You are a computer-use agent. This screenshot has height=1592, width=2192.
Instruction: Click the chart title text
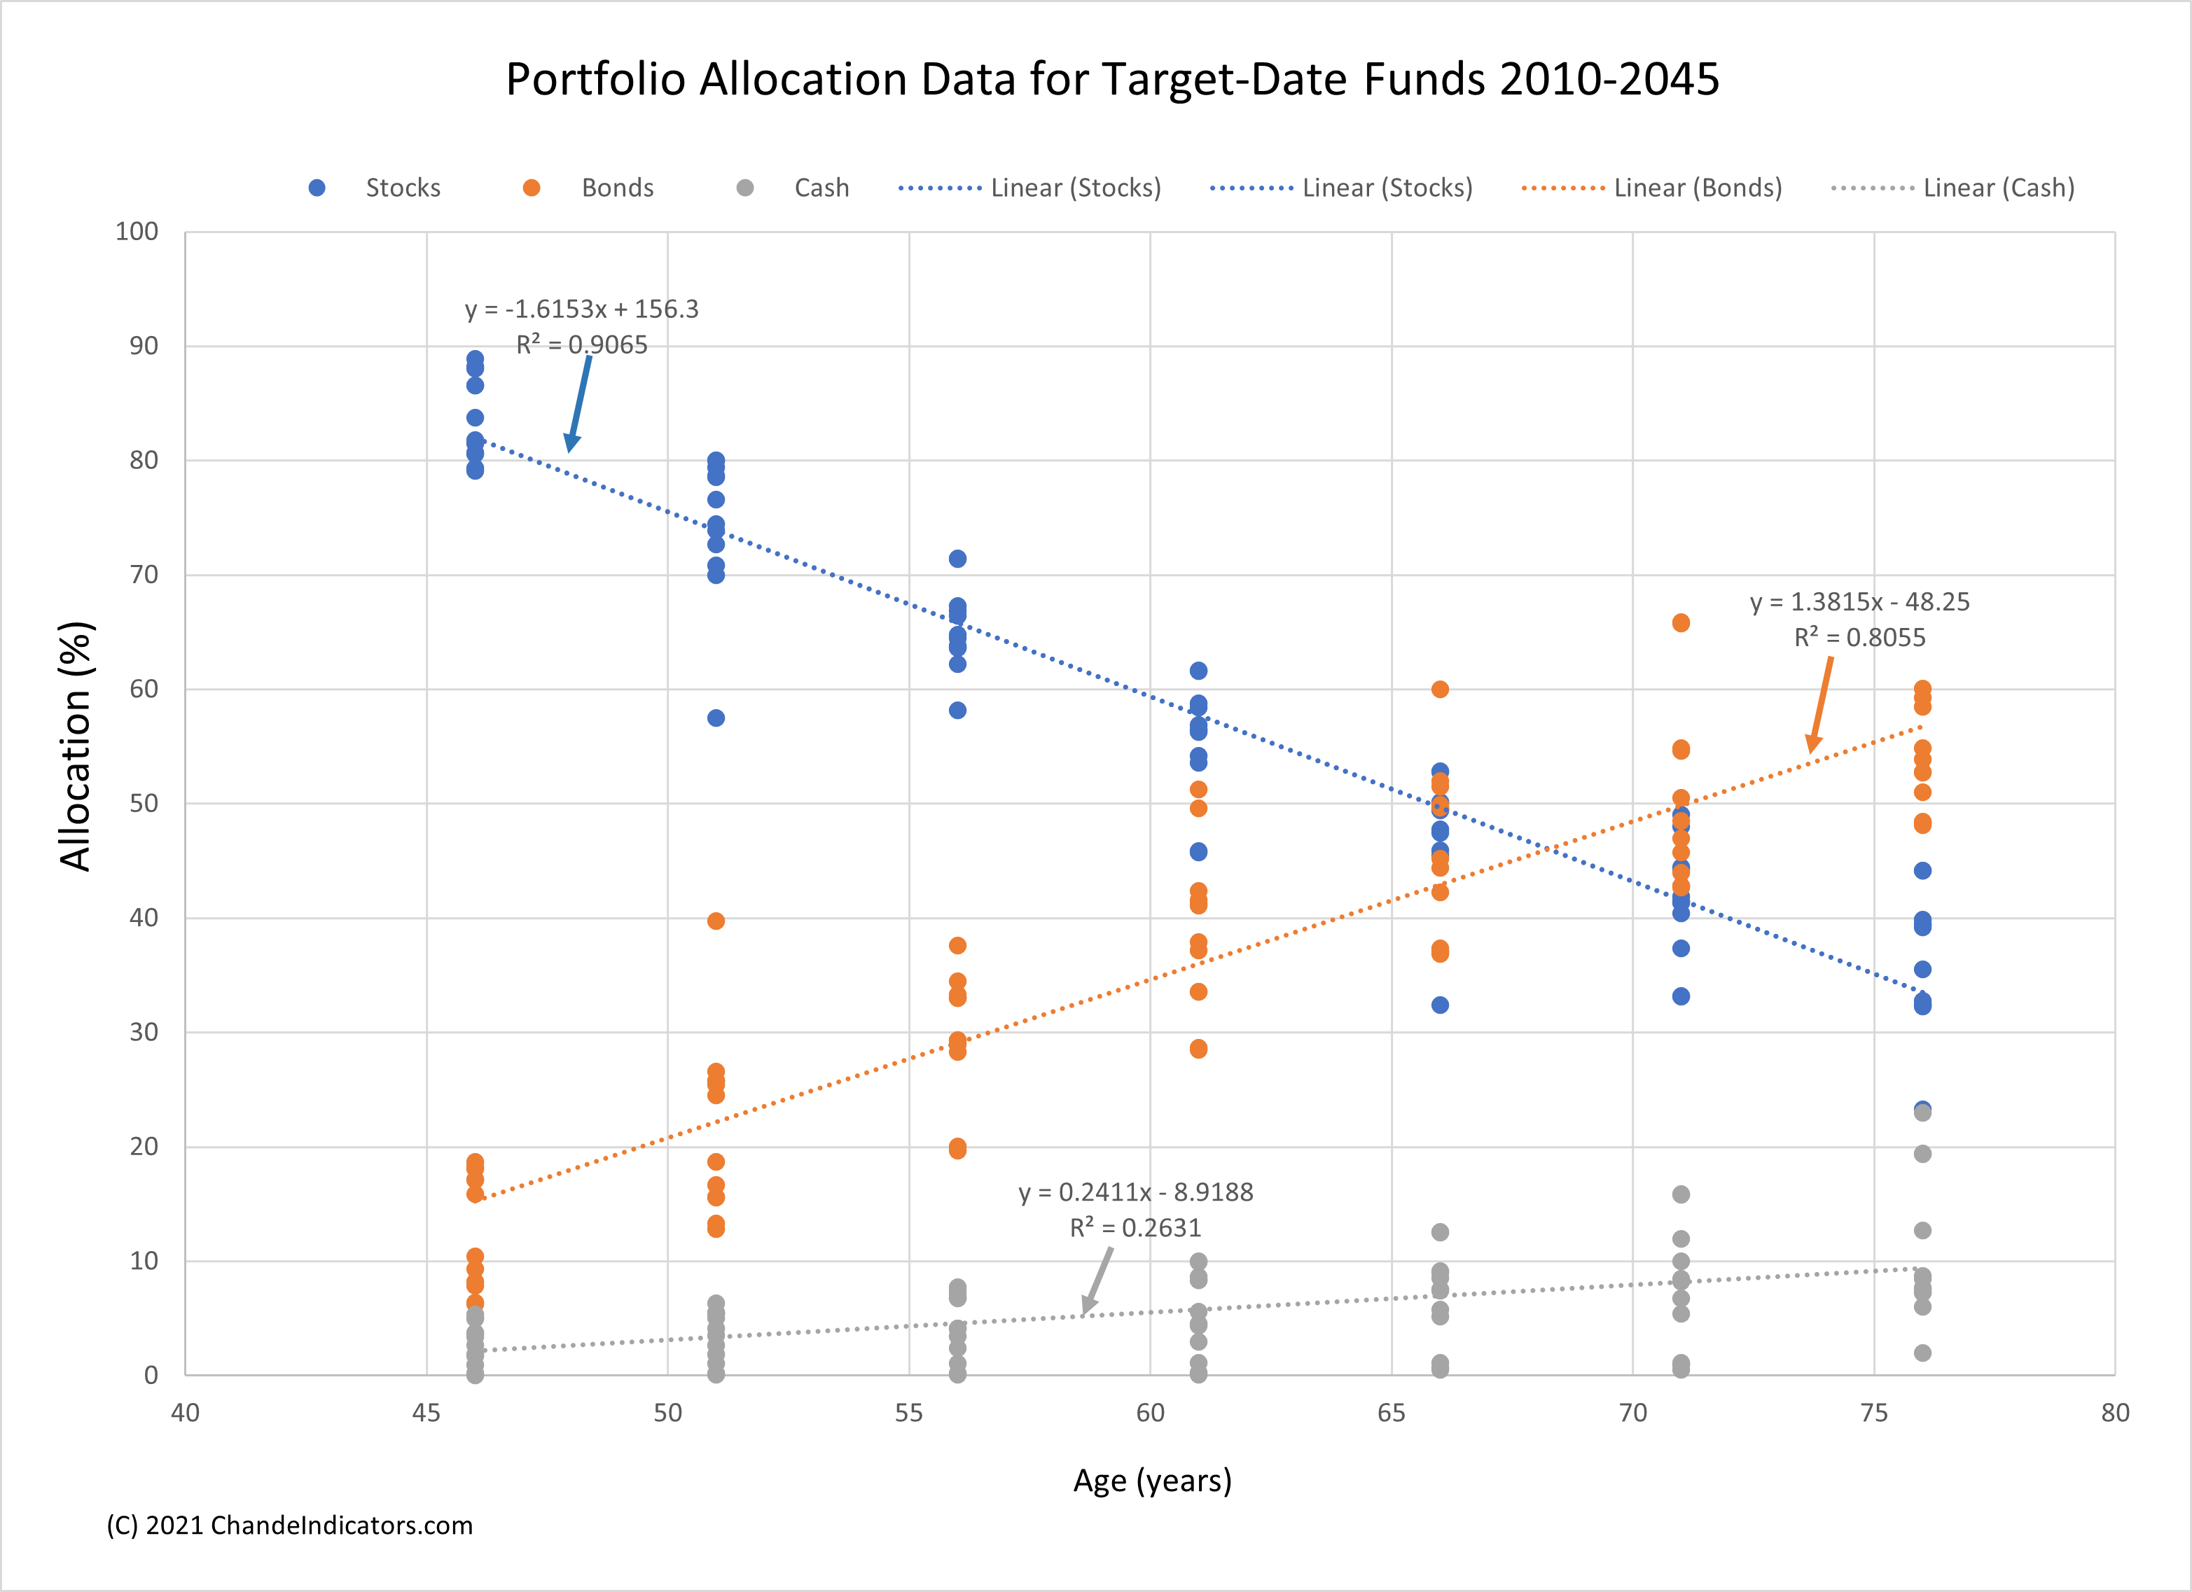(1112, 79)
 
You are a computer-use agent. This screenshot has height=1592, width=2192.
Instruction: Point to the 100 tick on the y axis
(137, 231)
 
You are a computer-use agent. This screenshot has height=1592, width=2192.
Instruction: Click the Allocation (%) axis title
(76, 746)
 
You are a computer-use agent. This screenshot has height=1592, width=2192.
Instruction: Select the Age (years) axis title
(1152, 1480)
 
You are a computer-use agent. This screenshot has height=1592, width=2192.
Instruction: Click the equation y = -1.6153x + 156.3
(581, 309)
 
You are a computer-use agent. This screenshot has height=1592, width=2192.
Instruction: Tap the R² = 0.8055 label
(1859, 638)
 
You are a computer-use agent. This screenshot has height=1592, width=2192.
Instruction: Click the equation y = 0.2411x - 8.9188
(1136, 1192)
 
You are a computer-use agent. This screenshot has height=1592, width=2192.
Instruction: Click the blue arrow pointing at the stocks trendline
(579, 402)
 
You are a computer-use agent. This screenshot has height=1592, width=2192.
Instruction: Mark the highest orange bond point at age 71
(1681, 623)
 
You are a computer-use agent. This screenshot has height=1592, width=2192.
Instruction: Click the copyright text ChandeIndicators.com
(290, 1525)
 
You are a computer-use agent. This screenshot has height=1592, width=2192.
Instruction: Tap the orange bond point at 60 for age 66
(1440, 689)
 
